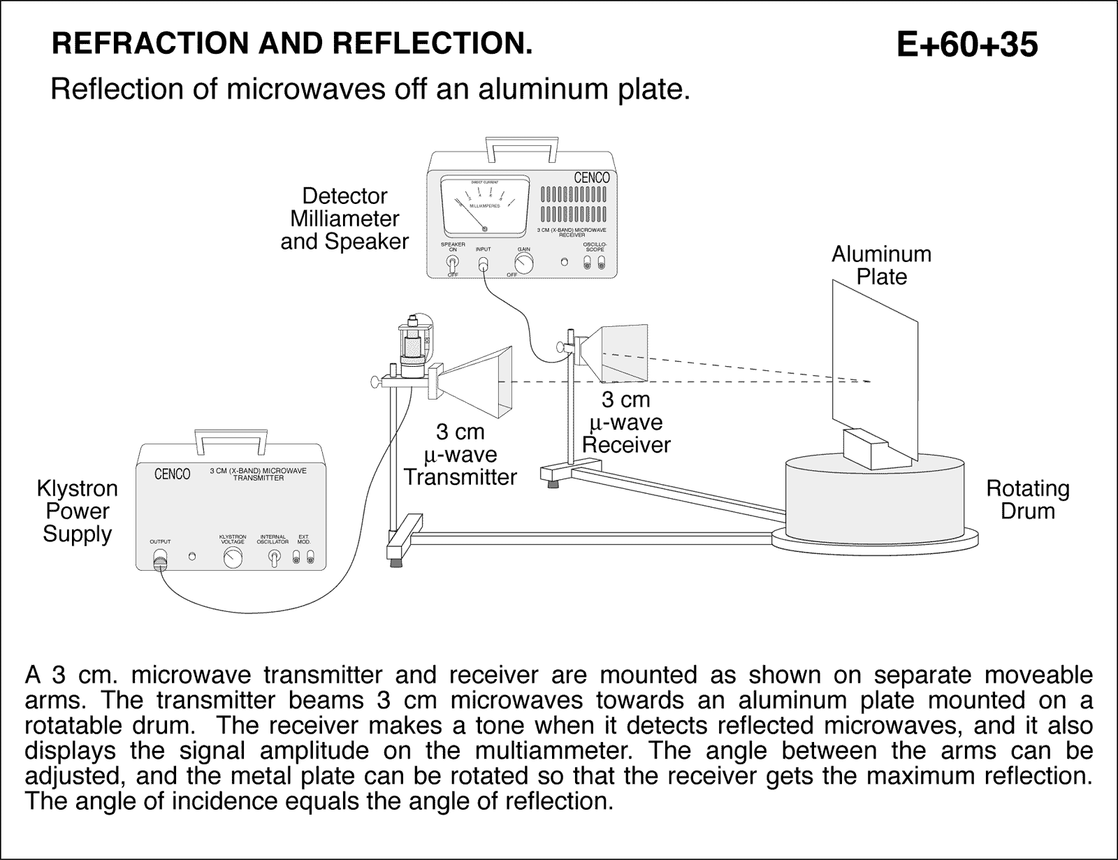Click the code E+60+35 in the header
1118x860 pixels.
coord(967,45)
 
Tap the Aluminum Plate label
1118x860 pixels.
coord(881,265)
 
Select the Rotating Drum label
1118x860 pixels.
coord(1027,500)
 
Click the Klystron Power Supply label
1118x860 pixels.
coord(77,511)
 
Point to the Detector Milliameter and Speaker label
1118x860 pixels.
coord(344,219)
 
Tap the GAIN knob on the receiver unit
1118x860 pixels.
coord(523,263)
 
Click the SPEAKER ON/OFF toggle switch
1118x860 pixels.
coord(452,264)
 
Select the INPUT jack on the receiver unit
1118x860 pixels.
coord(483,264)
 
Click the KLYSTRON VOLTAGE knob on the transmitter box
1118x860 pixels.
coord(233,557)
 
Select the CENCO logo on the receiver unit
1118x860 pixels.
coord(591,178)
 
